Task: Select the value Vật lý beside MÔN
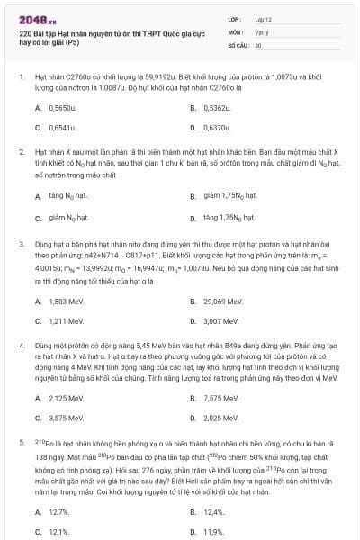[x=263, y=31]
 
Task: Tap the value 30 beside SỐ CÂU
[x=258, y=44]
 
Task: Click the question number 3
[x=22, y=244]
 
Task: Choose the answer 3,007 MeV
[x=220, y=320]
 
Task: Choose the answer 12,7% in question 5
[x=59, y=511]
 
